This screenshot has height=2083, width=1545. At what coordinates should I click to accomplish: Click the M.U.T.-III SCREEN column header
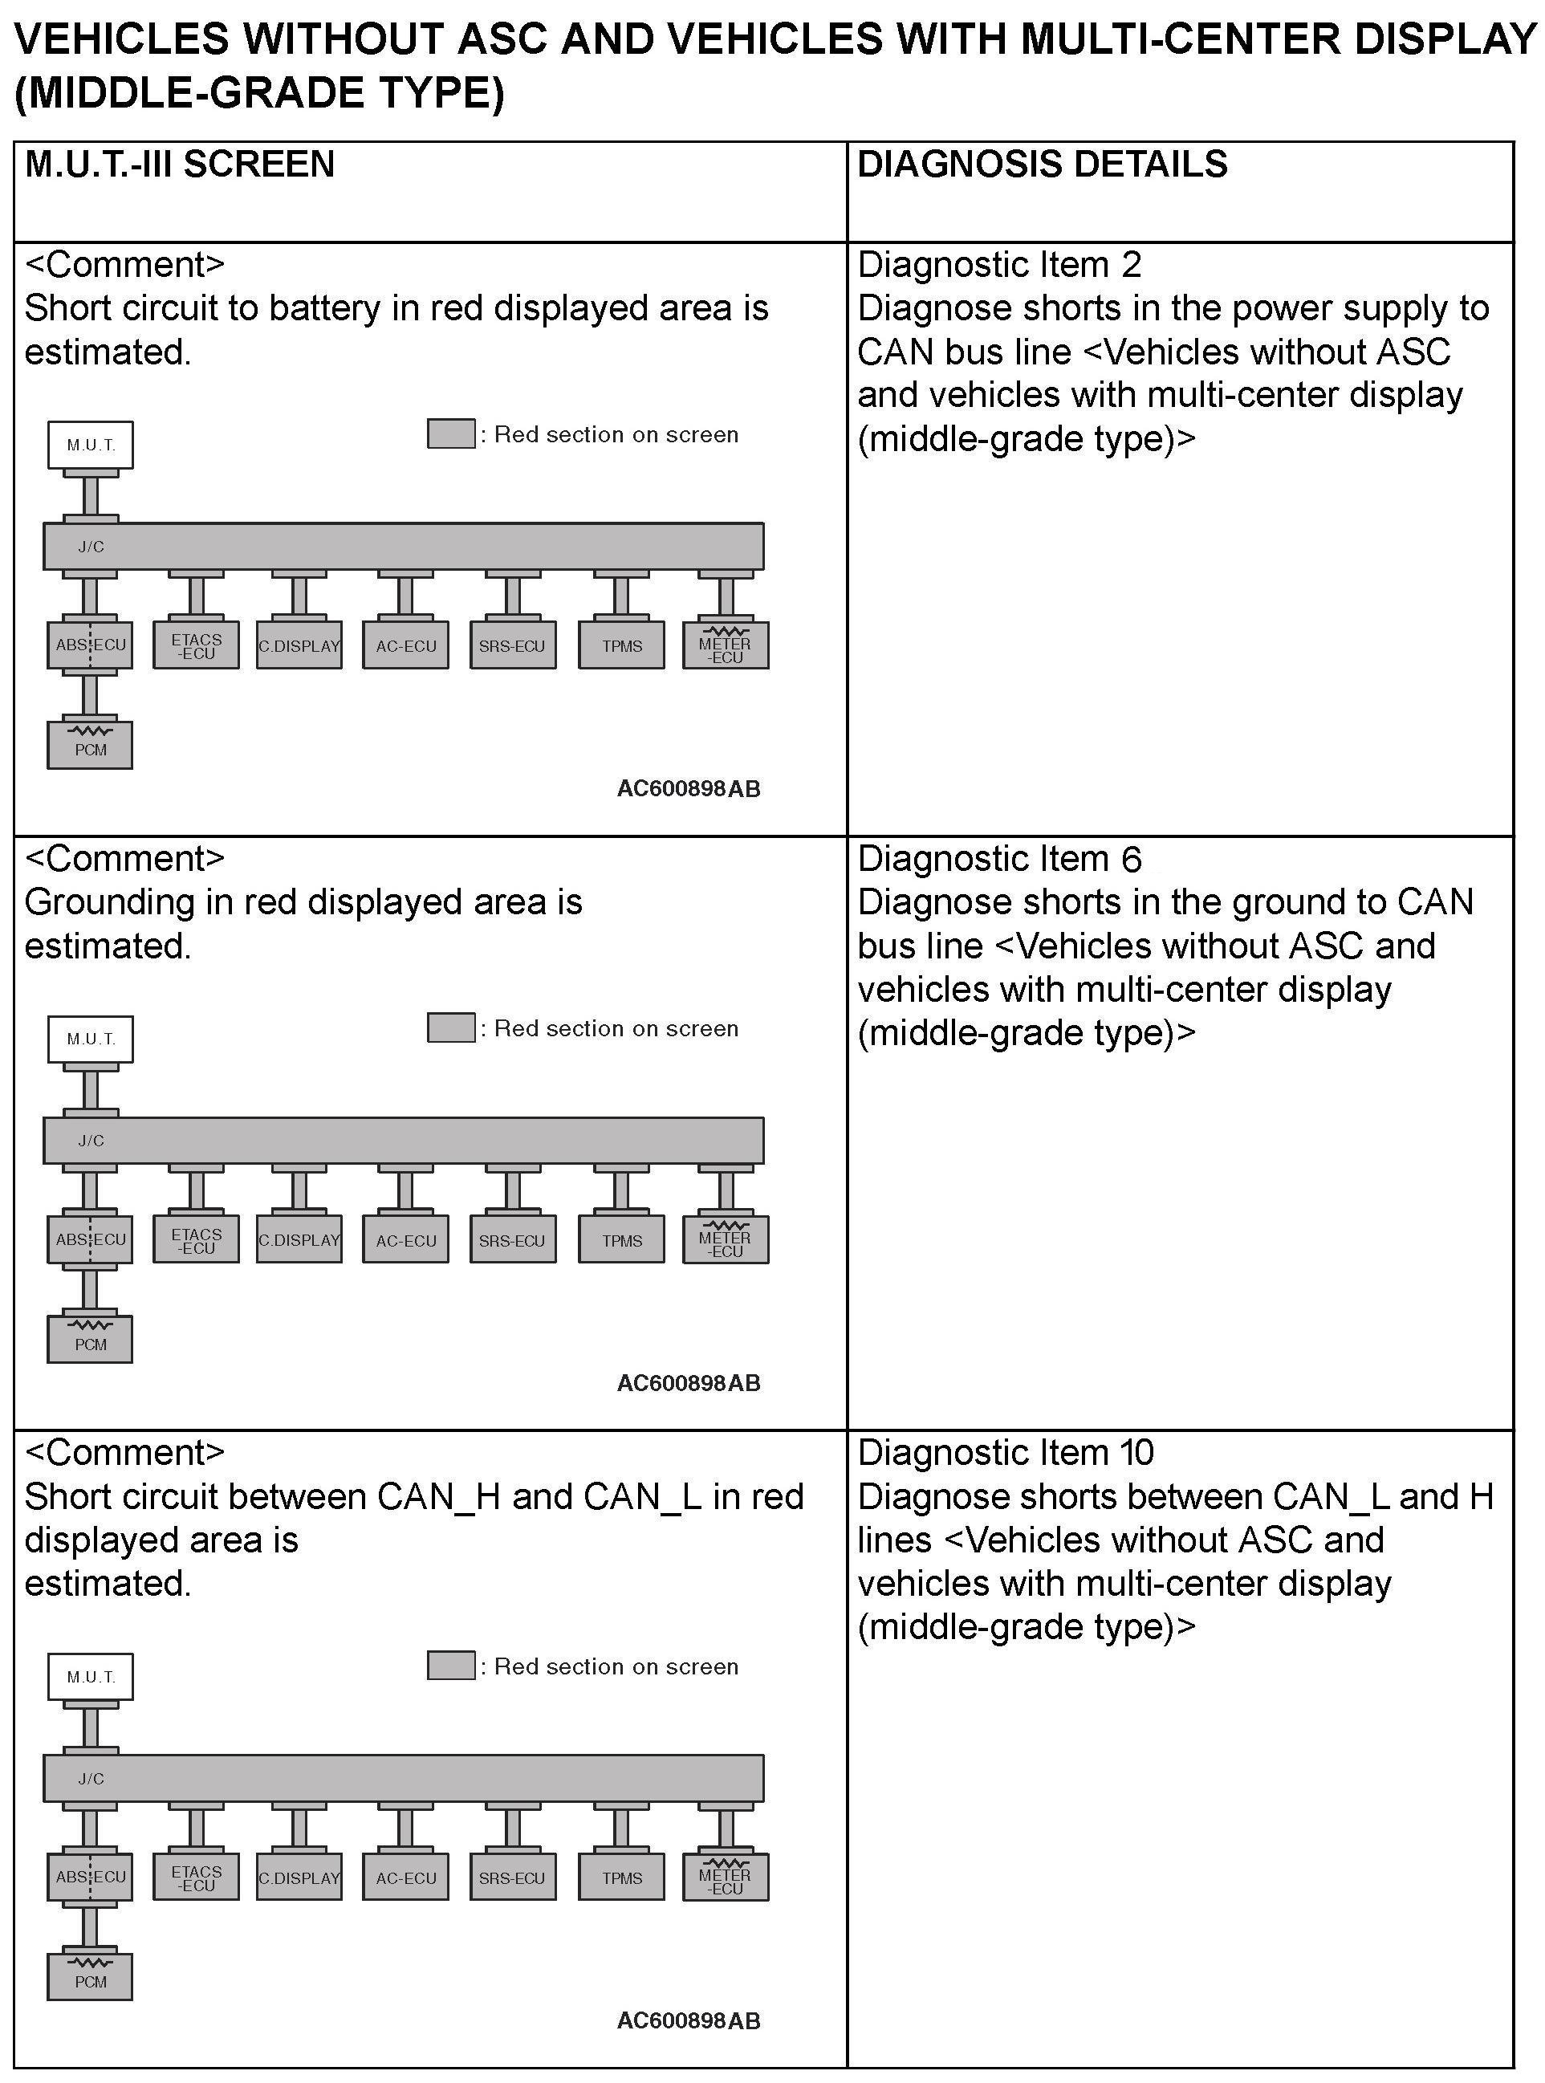[180, 165]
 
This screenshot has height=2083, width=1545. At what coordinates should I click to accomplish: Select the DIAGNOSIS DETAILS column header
[1042, 165]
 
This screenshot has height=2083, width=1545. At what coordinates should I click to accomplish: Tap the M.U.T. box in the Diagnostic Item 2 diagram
[91, 445]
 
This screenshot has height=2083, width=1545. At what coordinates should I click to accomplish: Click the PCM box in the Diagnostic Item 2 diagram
[91, 746]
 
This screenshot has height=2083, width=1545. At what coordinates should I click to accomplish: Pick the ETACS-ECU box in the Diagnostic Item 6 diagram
[197, 1240]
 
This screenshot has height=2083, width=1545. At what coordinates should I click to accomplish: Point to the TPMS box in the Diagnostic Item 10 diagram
[622, 1878]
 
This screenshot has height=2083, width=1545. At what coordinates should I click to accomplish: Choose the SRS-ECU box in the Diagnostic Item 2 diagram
[513, 646]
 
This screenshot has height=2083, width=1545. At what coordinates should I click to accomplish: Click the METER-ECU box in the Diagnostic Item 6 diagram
[726, 1240]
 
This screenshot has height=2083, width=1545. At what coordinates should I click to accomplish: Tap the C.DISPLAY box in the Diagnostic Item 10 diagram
[299, 1878]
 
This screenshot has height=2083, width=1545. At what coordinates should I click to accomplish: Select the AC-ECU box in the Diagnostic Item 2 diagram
[406, 646]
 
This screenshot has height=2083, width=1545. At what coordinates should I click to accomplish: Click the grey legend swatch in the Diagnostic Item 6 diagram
[451, 1028]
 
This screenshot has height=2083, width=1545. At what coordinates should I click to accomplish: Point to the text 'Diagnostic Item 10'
[1006, 1453]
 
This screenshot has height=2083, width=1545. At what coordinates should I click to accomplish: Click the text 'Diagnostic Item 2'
[998, 266]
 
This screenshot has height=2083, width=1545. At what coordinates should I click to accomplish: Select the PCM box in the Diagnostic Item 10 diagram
[91, 1978]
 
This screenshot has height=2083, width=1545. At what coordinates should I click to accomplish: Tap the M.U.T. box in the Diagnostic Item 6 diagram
[91, 1039]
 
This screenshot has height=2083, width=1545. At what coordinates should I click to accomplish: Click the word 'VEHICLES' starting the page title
[123, 39]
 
